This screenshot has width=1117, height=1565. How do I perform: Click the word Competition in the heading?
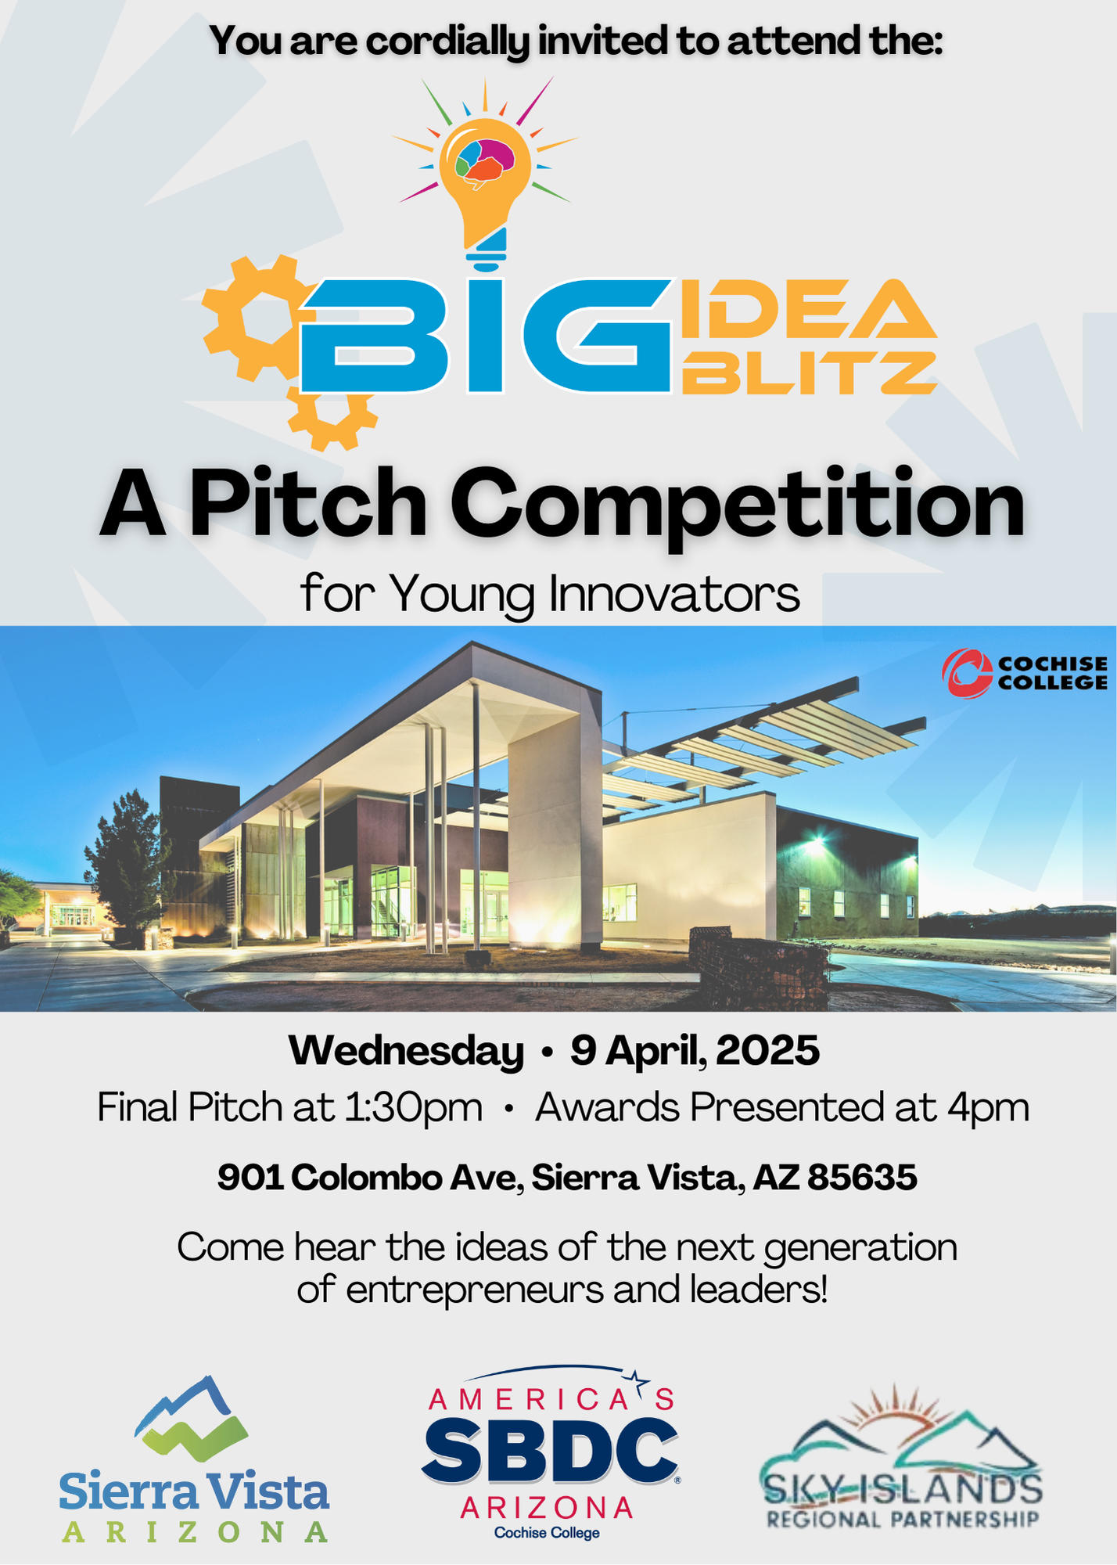click(x=737, y=505)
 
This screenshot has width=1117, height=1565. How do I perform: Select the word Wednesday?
click(x=406, y=1050)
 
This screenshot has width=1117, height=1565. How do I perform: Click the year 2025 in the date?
click(x=767, y=1050)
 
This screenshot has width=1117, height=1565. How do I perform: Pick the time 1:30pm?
click(x=414, y=1108)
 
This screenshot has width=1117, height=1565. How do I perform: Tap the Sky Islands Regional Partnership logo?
click(x=901, y=1459)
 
